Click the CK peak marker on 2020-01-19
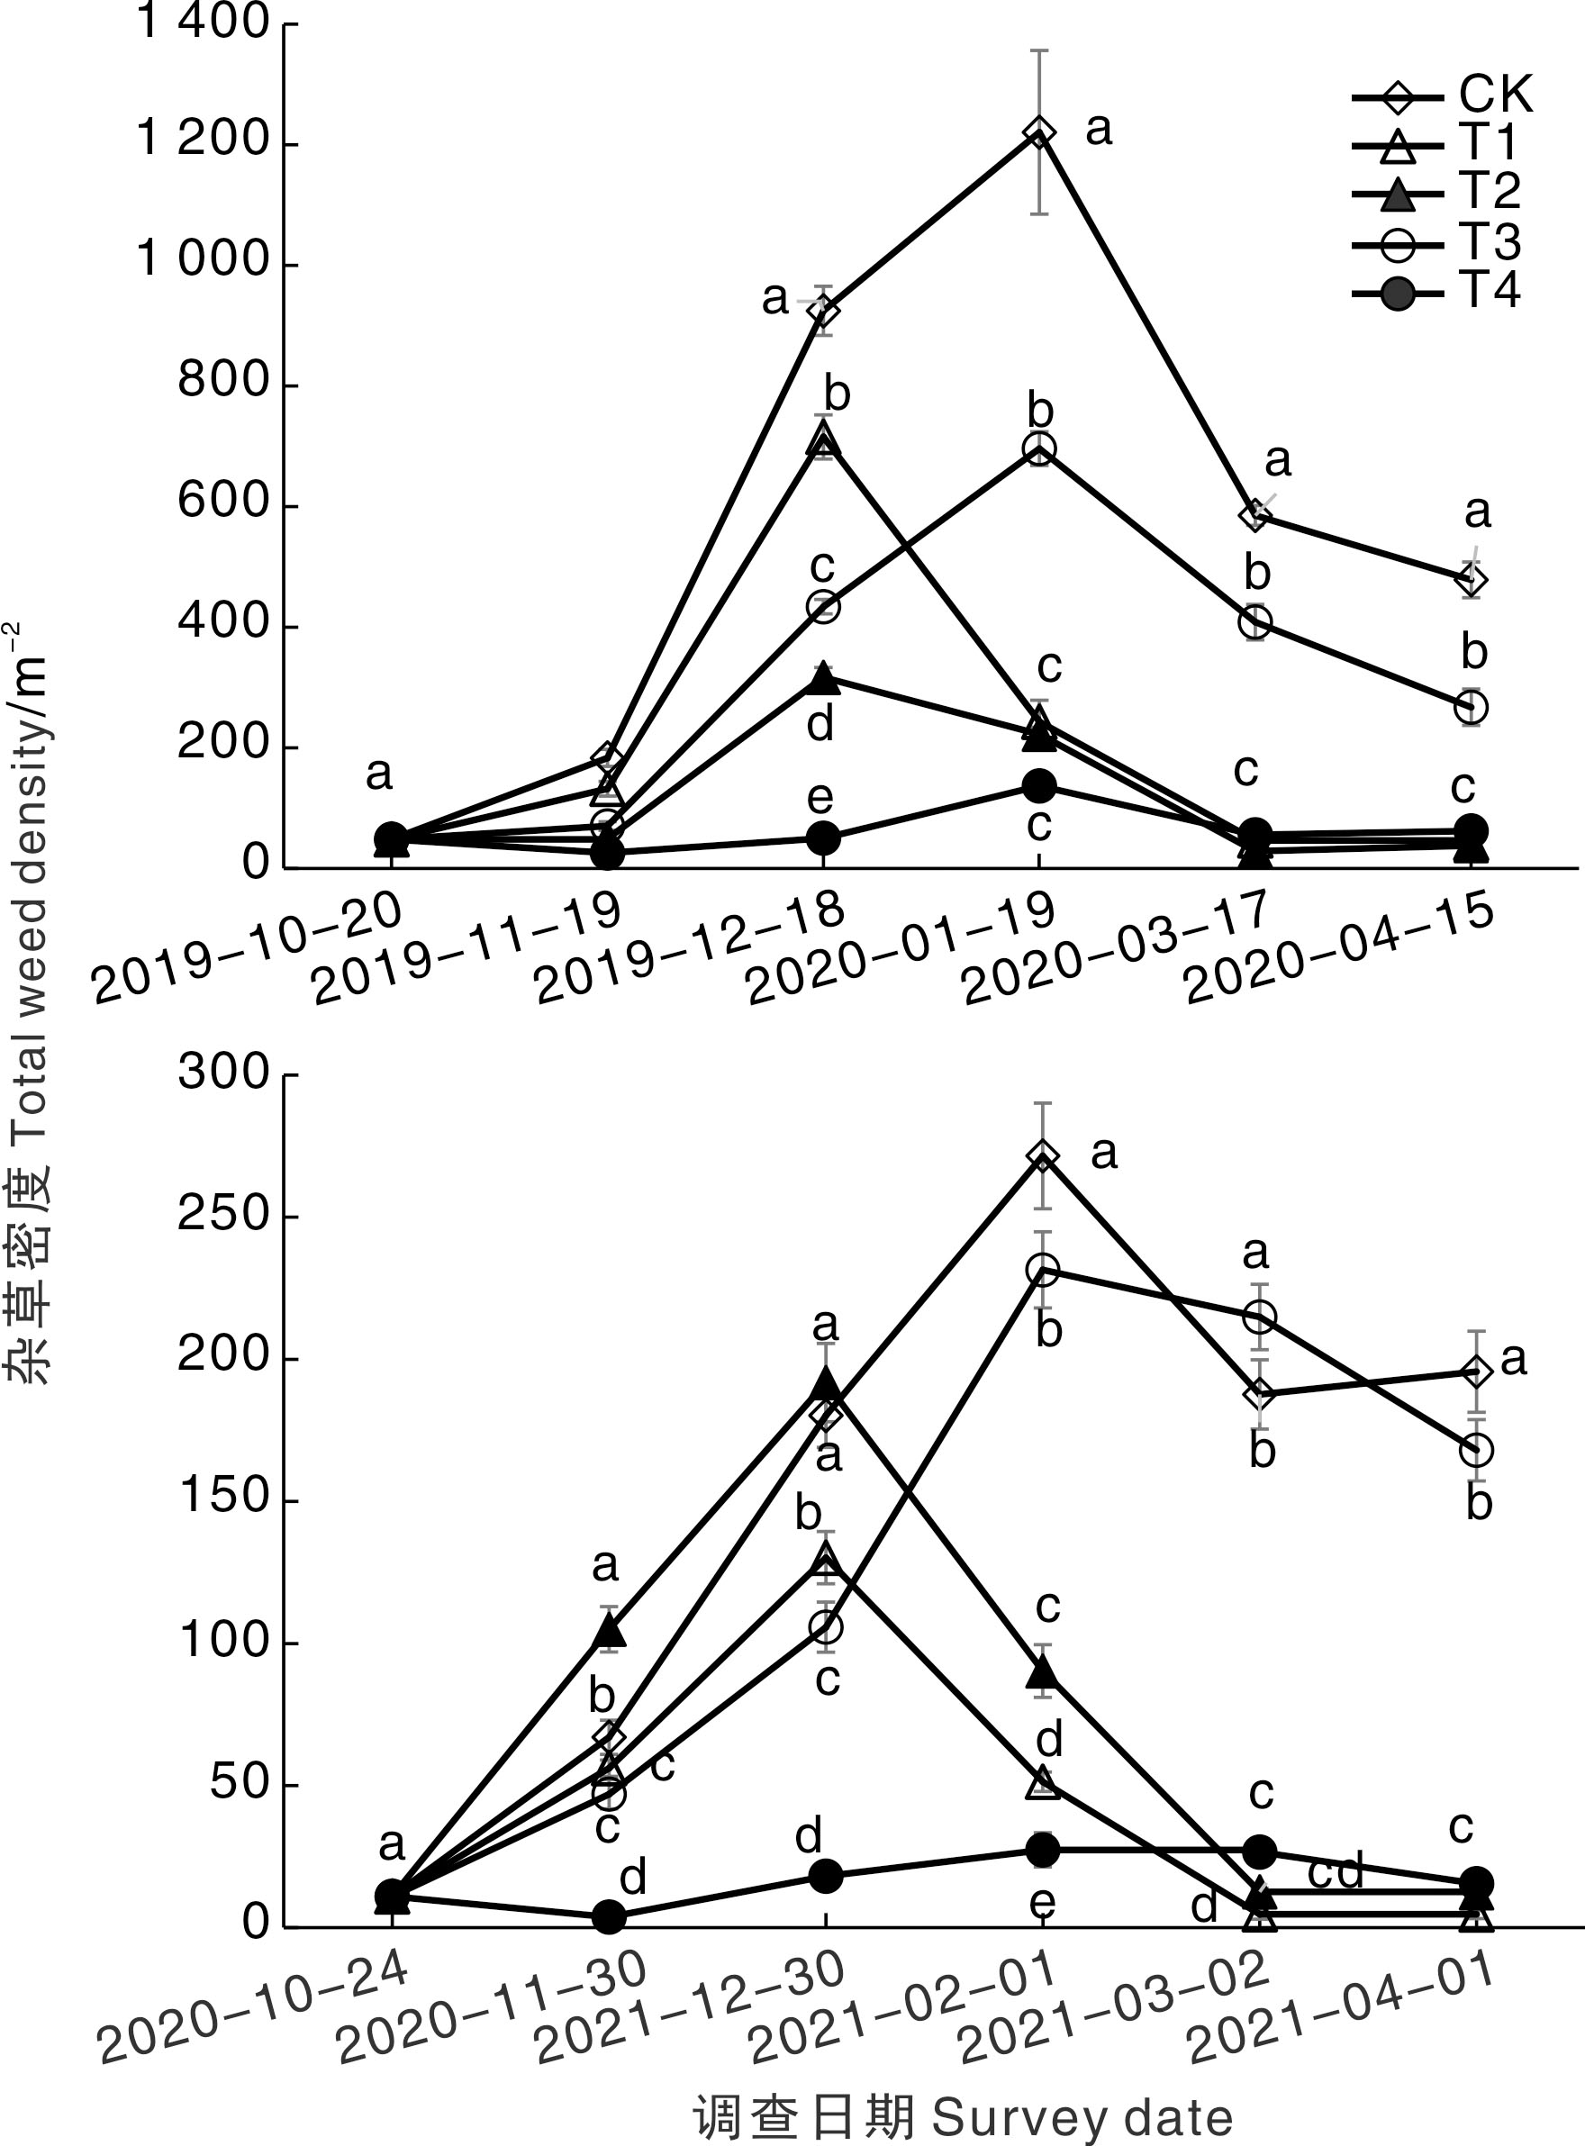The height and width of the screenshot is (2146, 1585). click(x=1039, y=132)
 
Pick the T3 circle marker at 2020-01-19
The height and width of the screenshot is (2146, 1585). click(x=1039, y=449)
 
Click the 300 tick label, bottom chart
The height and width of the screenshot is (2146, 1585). click(x=222, y=1073)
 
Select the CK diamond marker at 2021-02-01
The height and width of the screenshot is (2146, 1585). click(x=1043, y=1157)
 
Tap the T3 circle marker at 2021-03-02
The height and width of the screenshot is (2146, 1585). click(x=1260, y=1317)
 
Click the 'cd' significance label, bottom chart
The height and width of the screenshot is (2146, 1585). click(x=1336, y=1869)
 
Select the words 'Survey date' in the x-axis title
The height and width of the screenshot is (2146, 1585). click(x=1082, y=2116)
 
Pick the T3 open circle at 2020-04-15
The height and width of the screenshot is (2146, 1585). click(x=1472, y=708)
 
